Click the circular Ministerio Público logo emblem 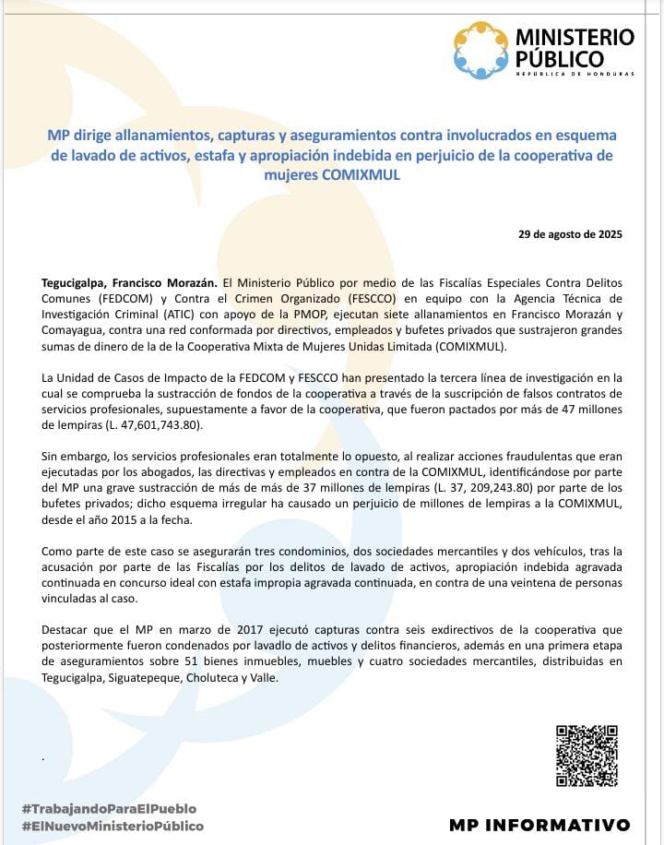tap(480, 50)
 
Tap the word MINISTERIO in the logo tap(575, 37)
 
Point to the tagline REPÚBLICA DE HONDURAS tap(575, 74)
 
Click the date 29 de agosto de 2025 tap(571, 234)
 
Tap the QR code tap(587, 756)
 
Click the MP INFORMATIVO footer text tap(540, 825)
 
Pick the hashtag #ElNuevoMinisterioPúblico tap(113, 826)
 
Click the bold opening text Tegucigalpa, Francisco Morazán tap(129, 281)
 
